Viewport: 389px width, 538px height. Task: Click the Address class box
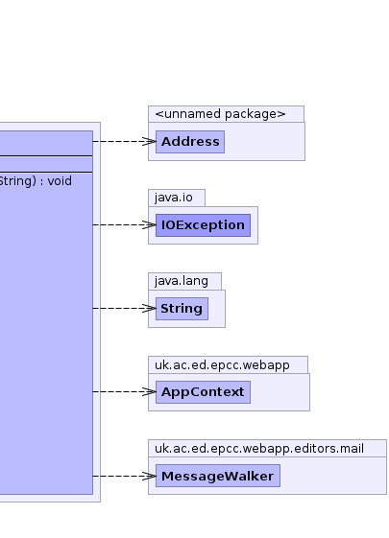[x=190, y=142]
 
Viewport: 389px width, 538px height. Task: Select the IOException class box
[x=203, y=225]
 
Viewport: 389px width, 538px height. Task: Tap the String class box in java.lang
[x=182, y=309]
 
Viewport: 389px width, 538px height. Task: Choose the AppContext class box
[x=203, y=392]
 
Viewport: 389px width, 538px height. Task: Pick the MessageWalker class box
[x=218, y=476]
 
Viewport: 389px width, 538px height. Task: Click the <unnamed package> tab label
[x=220, y=114]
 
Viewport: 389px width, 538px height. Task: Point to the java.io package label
[x=174, y=198]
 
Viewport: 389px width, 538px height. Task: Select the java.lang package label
[x=182, y=281]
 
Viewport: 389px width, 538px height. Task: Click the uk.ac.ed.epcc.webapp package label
[x=222, y=365]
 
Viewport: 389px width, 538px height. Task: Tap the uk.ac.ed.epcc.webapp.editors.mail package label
[x=259, y=449]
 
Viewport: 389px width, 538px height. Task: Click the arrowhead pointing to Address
[x=150, y=141]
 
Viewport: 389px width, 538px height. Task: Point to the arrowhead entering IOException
[x=150, y=224]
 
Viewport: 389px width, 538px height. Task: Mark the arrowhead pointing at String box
[x=150, y=308]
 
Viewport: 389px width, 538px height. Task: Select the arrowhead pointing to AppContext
[x=150, y=391]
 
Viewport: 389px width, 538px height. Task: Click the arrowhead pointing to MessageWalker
[x=150, y=476]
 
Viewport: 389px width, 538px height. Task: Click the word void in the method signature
[x=60, y=181]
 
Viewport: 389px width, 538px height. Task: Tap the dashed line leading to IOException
[x=125, y=224]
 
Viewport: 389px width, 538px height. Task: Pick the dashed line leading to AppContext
[x=125, y=391]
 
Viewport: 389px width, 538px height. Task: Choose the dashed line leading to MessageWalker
[x=125, y=476]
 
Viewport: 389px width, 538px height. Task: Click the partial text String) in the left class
[x=18, y=181]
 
